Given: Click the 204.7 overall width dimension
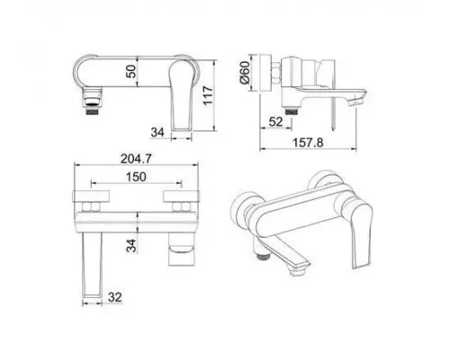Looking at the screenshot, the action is point(136,158).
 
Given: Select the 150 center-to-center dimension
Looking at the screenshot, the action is point(136,176).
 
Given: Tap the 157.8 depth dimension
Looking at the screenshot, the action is point(308,142).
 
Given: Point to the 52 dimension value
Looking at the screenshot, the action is point(276,121).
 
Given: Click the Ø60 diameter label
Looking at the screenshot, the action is point(245,72).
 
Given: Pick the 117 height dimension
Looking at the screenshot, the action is point(208,95).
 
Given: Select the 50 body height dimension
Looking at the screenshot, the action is point(131,71).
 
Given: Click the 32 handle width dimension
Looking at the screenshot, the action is point(115,297).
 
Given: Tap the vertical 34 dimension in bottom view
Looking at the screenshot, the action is point(131,246).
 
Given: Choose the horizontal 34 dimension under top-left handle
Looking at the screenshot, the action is point(157,132).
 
